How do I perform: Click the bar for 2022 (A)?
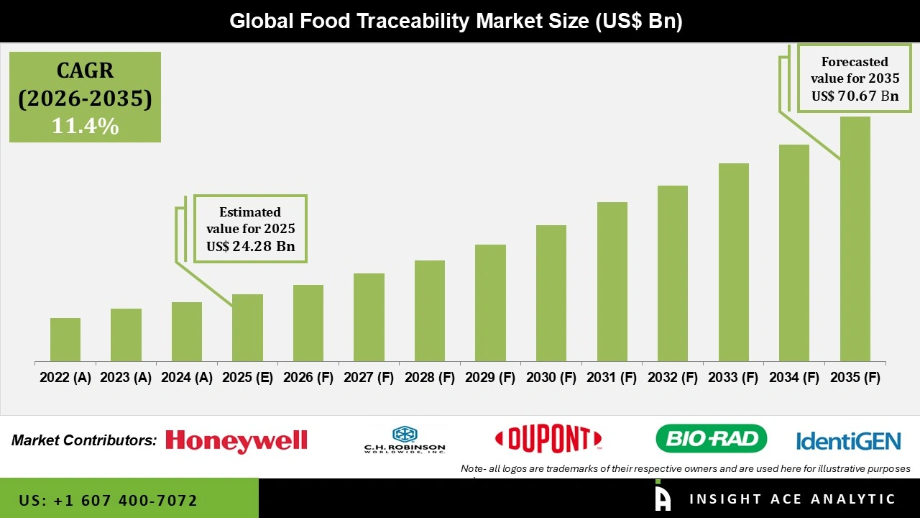coord(65,340)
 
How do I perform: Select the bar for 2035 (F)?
coord(855,239)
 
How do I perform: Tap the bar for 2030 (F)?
coord(551,294)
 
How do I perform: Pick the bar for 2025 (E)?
coord(247,327)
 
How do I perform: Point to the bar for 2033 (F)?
coord(733,263)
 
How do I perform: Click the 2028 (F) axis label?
coord(430,378)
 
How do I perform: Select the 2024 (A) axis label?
coord(186,378)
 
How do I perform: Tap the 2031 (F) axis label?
coord(612,378)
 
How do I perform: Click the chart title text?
coord(456,21)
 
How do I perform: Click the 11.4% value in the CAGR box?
coord(85,126)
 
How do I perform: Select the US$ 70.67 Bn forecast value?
coord(855,96)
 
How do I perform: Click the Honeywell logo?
coord(236,440)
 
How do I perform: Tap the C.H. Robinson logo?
coord(405,440)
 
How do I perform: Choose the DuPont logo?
coord(548,439)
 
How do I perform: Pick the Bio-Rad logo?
coord(711,439)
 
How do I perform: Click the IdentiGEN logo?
coord(848,440)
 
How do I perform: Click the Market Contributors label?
coord(84,440)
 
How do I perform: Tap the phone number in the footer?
coord(108,500)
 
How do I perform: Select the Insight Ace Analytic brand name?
coord(792,499)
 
